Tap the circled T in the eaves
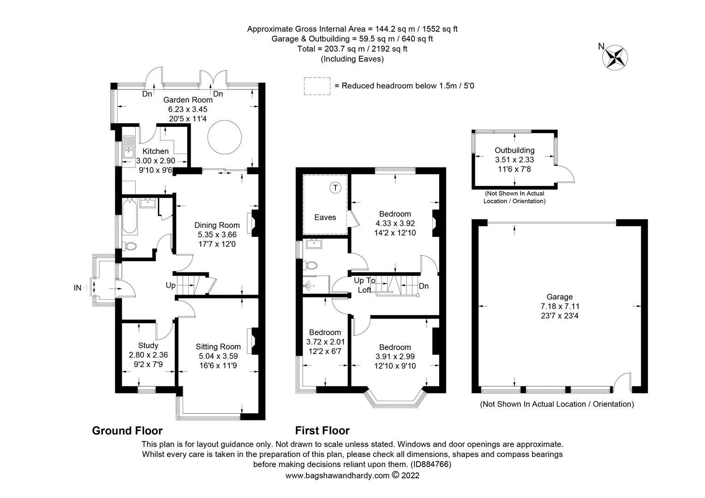click(x=335, y=188)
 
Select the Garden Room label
click(x=188, y=100)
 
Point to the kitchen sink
click(x=127, y=150)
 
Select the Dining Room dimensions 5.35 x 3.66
click(x=217, y=234)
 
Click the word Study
click(x=148, y=345)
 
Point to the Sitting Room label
click(x=218, y=347)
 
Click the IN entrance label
click(x=78, y=288)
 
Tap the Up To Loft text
click(x=364, y=285)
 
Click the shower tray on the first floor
click(x=316, y=285)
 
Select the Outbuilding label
click(x=514, y=150)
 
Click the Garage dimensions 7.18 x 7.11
click(x=560, y=306)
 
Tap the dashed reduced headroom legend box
click(x=317, y=86)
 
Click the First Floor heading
click(x=322, y=431)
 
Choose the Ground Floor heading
click(x=127, y=431)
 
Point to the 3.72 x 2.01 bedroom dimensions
click(x=325, y=342)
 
